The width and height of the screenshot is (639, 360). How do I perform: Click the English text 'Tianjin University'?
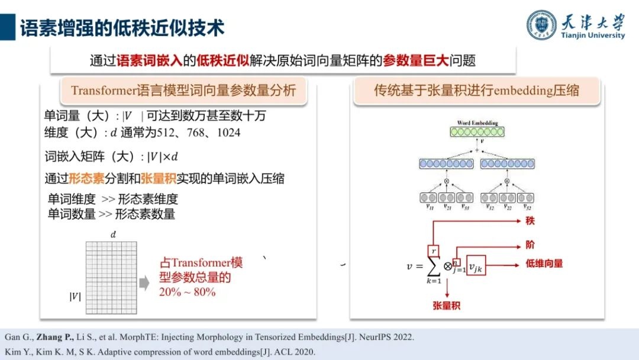[x=593, y=36]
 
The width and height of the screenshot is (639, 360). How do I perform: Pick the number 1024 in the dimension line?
[x=228, y=132]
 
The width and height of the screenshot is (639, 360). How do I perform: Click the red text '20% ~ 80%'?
[x=187, y=292]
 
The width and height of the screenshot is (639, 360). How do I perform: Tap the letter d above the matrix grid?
[x=113, y=235]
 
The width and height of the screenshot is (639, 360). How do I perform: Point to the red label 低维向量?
[x=544, y=263]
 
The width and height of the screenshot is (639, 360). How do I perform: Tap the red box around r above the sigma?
[x=433, y=251]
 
